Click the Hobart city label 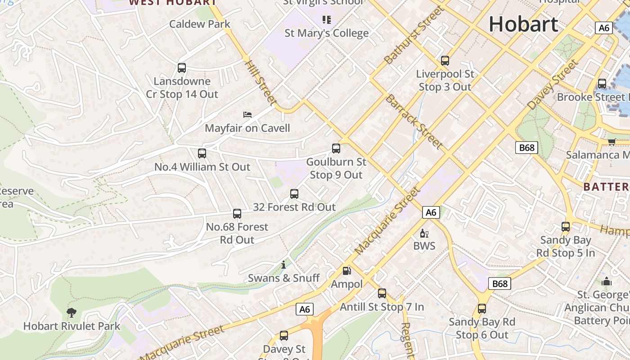(523, 23)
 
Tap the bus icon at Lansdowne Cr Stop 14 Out (182, 68)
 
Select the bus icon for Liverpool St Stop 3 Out (445, 60)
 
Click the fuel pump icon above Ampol (346, 270)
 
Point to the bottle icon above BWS (423, 233)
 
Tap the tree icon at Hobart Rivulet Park (71, 312)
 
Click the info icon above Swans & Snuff (283, 265)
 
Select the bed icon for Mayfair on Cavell (247, 115)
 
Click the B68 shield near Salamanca (526, 148)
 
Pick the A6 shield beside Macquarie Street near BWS (431, 212)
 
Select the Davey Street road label (553, 84)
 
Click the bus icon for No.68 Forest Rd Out (237, 214)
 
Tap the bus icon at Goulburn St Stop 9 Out (336, 148)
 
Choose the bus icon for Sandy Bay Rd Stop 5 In (566, 227)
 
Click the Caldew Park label (200, 24)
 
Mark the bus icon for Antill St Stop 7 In (382, 293)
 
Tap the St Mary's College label (327, 33)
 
